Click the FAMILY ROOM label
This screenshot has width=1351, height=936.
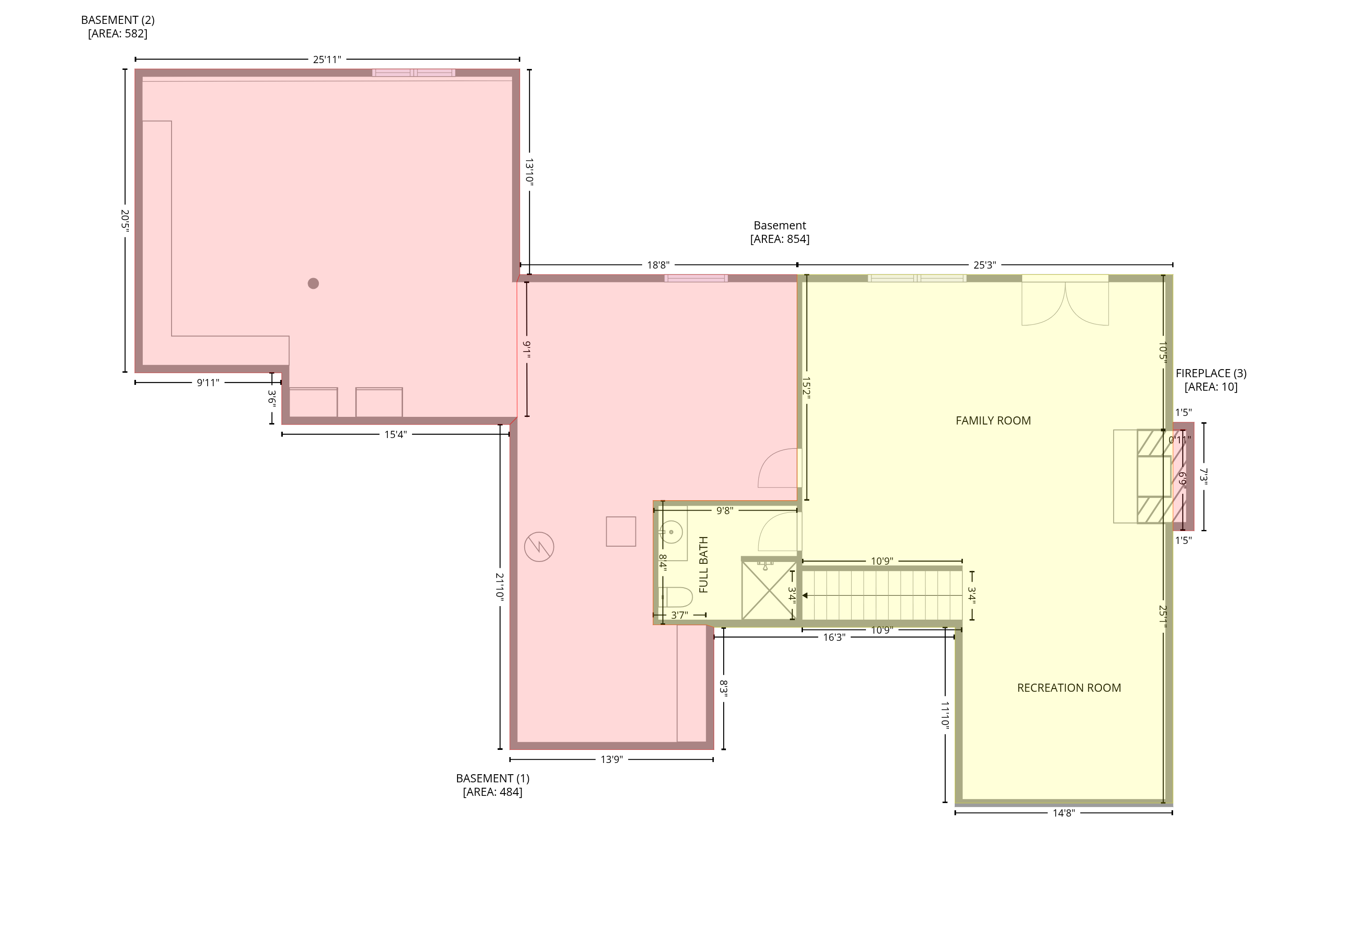(x=993, y=420)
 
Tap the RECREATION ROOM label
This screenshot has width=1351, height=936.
(x=1069, y=688)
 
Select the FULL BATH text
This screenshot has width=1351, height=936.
(x=703, y=565)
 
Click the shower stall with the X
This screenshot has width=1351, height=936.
(x=768, y=589)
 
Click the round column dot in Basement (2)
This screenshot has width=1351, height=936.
(x=313, y=283)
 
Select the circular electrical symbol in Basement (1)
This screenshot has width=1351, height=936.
(x=539, y=547)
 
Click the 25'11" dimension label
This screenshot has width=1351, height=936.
(x=327, y=59)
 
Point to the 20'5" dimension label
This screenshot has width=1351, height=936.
(x=125, y=220)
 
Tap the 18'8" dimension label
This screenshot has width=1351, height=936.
(x=658, y=265)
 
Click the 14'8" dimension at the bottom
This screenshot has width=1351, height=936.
(x=1064, y=813)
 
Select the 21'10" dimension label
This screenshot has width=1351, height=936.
(x=500, y=586)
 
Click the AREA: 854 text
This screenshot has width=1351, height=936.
(x=780, y=239)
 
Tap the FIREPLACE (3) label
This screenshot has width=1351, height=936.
(x=1211, y=373)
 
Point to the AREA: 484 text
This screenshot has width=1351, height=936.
(x=492, y=792)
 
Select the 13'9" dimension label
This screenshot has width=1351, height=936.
(x=611, y=759)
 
